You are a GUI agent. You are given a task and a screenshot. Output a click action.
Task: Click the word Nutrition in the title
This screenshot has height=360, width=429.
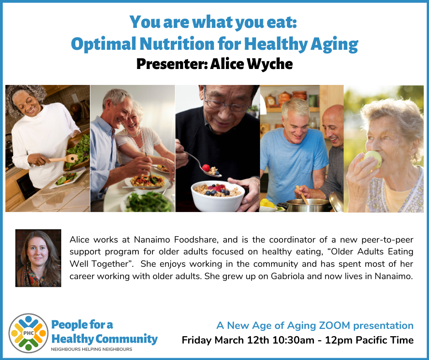tap(177, 44)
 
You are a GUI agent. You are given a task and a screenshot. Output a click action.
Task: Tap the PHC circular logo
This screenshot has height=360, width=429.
tap(28, 333)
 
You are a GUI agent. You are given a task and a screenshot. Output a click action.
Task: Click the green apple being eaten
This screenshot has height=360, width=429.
tap(373, 159)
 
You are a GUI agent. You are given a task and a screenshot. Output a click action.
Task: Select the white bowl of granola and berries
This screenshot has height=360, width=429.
tap(218, 196)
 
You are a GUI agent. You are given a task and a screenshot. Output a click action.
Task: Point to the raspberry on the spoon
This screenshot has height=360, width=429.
tap(206, 168)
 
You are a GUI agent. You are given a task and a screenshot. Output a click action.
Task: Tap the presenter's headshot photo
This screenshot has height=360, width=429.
tap(38, 258)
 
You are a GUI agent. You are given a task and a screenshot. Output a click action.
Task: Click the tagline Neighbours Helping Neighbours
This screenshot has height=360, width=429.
tap(92, 349)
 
